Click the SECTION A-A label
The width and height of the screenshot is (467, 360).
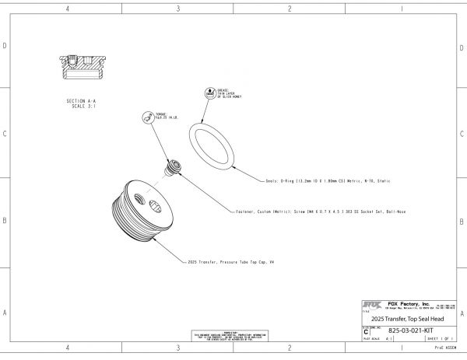pos(81,101)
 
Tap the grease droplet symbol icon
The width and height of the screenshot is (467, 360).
pos(209,93)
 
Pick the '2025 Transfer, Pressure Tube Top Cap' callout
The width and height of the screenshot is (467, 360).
pos(232,261)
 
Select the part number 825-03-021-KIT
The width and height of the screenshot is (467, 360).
pos(409,330)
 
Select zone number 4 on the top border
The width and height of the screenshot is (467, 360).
pos(68,9)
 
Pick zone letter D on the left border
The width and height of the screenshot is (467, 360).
pos(5,46)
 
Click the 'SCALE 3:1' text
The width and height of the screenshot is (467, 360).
pos(81,107)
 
